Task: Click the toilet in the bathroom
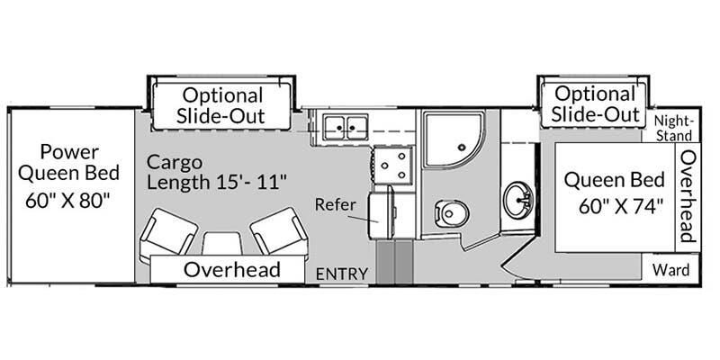tap(452, 213)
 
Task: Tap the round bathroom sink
tap(518, 200)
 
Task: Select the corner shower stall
tap(454, 139)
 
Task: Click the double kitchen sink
tap(346, 127)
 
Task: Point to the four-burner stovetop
tap(393, 165)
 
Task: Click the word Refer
tap(335, 204)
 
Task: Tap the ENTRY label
tap(342, 274)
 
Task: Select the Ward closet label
tap(670, 269)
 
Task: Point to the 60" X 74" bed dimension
tap(621, 207)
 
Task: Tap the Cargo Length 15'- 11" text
tap(217, 173)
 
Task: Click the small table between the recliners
tap(222, 243)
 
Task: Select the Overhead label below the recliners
tap(232, 269)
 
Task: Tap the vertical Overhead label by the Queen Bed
tap(688, 195)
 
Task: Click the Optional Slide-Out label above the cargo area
tap(221, 105)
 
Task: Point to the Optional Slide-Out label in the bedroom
tap(596, 104)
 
